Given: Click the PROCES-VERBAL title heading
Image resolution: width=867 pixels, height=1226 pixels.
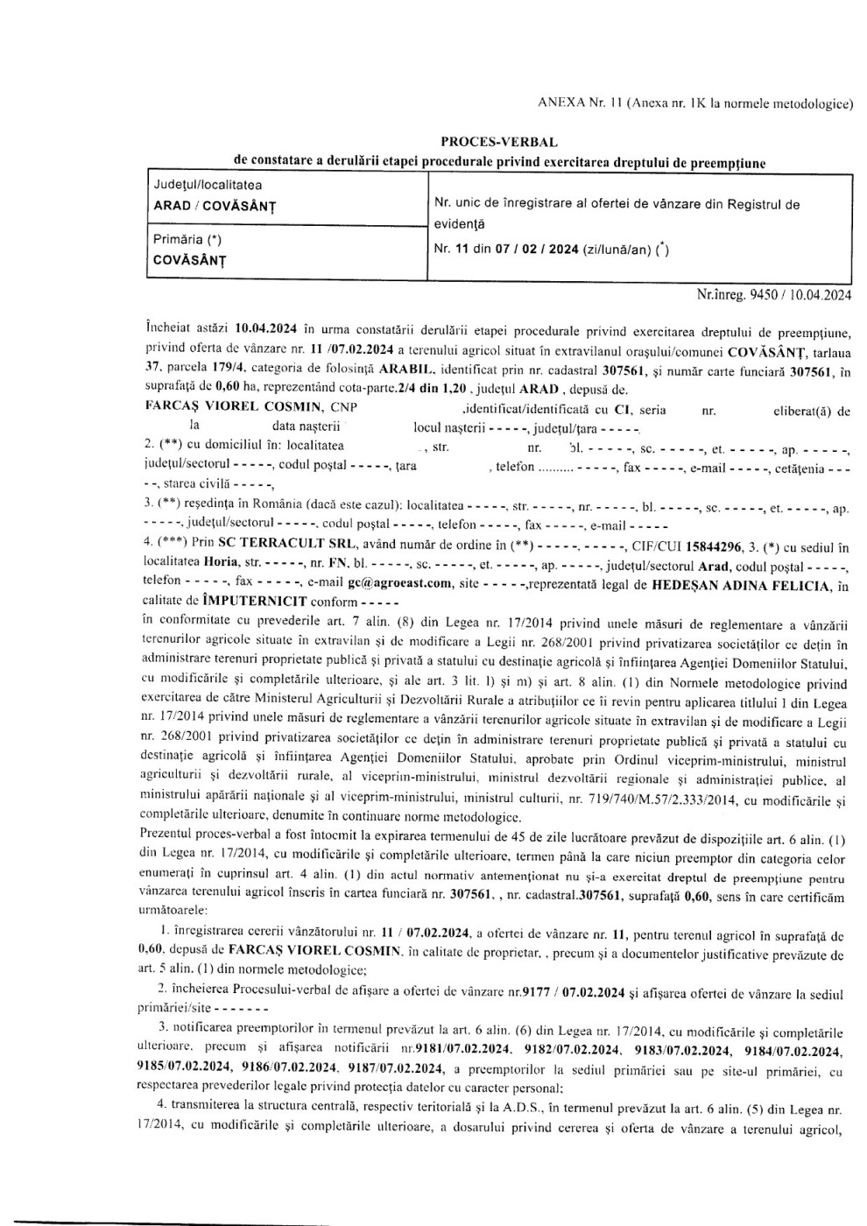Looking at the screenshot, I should coord(499,141).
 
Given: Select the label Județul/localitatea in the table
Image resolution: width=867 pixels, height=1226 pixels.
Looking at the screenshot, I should coord(208,185).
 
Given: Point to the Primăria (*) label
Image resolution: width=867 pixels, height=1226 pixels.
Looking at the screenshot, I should coord(186,239).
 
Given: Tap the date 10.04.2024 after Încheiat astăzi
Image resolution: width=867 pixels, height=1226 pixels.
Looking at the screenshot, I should coord(267,330).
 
